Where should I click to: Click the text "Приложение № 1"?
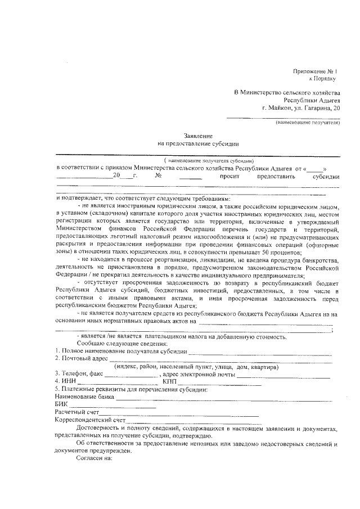(314, 71)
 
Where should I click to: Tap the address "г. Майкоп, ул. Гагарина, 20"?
(301, 107)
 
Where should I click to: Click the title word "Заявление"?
(198, 137)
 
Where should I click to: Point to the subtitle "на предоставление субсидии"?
(198, 145)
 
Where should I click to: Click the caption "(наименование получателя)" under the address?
(307, 122)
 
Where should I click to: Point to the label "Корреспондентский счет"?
(89, 420)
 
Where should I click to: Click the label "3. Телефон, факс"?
(79, 373)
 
